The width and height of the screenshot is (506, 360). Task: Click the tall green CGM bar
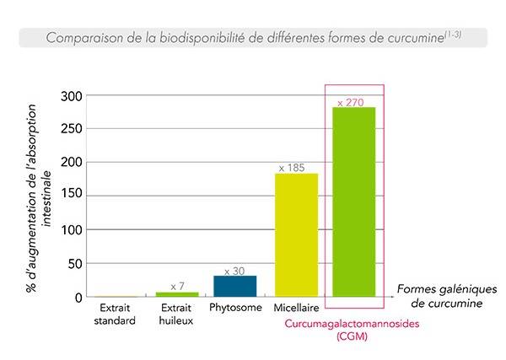(x=354, y=202)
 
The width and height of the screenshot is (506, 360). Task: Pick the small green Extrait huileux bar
(x=177, y=293)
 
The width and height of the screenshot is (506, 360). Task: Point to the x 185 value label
(x=297, y=167)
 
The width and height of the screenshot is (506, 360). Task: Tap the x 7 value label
(x=177, y=287)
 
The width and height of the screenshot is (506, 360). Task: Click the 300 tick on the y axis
(x=72, y=96)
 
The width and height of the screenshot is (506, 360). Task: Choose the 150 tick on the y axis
(x=72, y=196)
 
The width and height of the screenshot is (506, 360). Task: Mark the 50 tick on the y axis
(x=75, y=263)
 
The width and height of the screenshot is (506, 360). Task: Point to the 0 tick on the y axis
(x=78, y=297)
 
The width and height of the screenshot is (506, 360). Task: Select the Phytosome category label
(x=235, y=308)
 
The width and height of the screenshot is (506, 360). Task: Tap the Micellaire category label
(x=295, y=308)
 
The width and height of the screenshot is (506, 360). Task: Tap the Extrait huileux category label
(x=177, y=314)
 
